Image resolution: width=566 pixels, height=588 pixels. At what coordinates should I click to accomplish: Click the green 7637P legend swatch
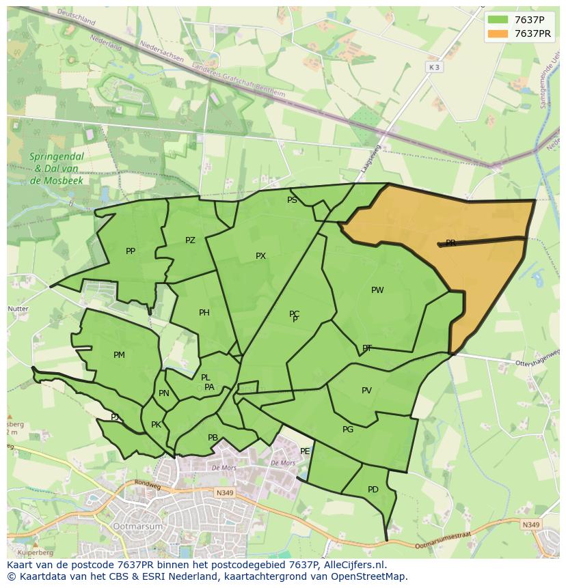(498, 20)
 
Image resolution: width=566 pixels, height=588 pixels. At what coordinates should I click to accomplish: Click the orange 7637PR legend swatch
(498, 33)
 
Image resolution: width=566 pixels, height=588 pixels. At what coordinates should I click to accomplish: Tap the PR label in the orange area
(450, 243)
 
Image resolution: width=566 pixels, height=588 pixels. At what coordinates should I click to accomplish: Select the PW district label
(377, 290)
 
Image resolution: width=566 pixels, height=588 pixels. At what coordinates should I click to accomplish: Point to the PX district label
(260, 256)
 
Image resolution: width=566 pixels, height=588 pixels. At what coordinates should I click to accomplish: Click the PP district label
(131, 251)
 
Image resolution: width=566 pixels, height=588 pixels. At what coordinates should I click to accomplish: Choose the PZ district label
(190, 240)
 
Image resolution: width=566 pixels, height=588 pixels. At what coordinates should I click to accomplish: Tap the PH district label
(204, 313)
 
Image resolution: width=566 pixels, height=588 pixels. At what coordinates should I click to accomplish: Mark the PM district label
(119, 355)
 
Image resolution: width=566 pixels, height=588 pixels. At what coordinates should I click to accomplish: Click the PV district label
(366, 391)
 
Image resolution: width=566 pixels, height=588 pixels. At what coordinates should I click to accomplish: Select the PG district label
(348, 430)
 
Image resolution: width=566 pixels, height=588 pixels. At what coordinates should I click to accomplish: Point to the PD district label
(373, 490)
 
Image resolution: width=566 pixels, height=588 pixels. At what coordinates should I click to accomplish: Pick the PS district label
(292, 200)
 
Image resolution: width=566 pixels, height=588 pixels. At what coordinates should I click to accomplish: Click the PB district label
(213, 438)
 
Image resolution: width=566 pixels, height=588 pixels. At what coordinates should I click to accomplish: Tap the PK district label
(156, 425)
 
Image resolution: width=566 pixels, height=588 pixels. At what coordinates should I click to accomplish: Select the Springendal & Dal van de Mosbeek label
(57, 169)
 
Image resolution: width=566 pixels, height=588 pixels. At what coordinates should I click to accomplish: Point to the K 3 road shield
(434, 67)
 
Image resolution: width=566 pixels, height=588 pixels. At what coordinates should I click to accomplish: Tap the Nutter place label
(18, 309)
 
